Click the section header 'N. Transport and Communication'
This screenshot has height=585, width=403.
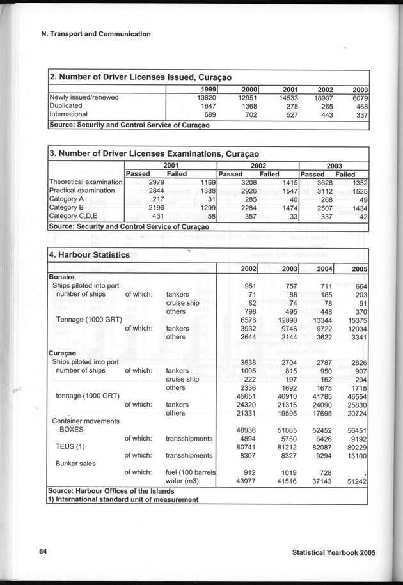click(x=91, y=34)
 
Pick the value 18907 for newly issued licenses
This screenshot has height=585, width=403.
click(x=321, y=97)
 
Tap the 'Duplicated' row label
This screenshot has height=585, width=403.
click(x=68, y=105)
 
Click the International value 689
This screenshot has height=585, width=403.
click(x=203, y=114)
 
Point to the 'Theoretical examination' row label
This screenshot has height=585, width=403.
click(x=85, y=182)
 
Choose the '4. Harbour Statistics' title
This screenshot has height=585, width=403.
click(x=93, y=255)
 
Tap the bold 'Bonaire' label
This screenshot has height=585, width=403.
click(x=63, y=277)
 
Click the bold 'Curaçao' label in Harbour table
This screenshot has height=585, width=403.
click(x=63, y=352)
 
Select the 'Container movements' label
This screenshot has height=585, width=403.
click(x=86, y=421)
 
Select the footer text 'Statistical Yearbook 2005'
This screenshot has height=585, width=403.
click(x=332, y=554)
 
